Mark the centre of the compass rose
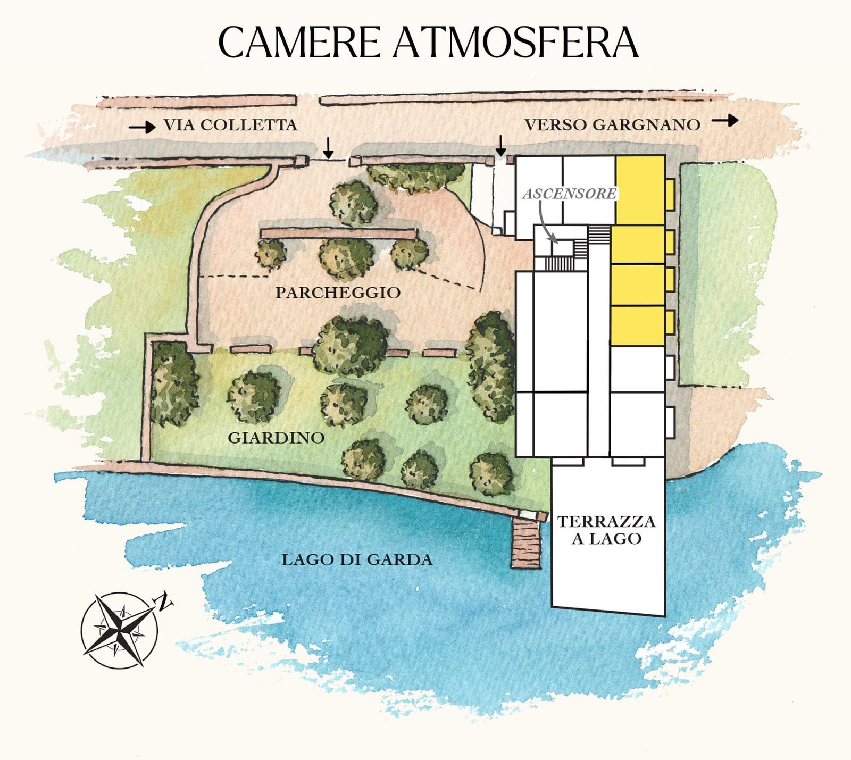pos(120,630)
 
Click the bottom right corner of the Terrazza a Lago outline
pos(665,616)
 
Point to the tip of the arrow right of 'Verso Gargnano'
pos(739,121)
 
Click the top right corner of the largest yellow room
pos(665,156)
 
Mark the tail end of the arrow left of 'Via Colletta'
pos(130,127)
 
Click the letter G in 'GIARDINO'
pos(233,438)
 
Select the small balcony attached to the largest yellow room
pos(670,194)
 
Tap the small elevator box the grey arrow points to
pos(562,248)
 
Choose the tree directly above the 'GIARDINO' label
pos(254,396)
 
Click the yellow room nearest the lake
pos(637,325)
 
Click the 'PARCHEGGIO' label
pos(338,293)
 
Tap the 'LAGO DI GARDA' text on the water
pos(357,559)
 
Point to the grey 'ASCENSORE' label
pos(569,194)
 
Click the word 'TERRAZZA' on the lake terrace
pos(606,521)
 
